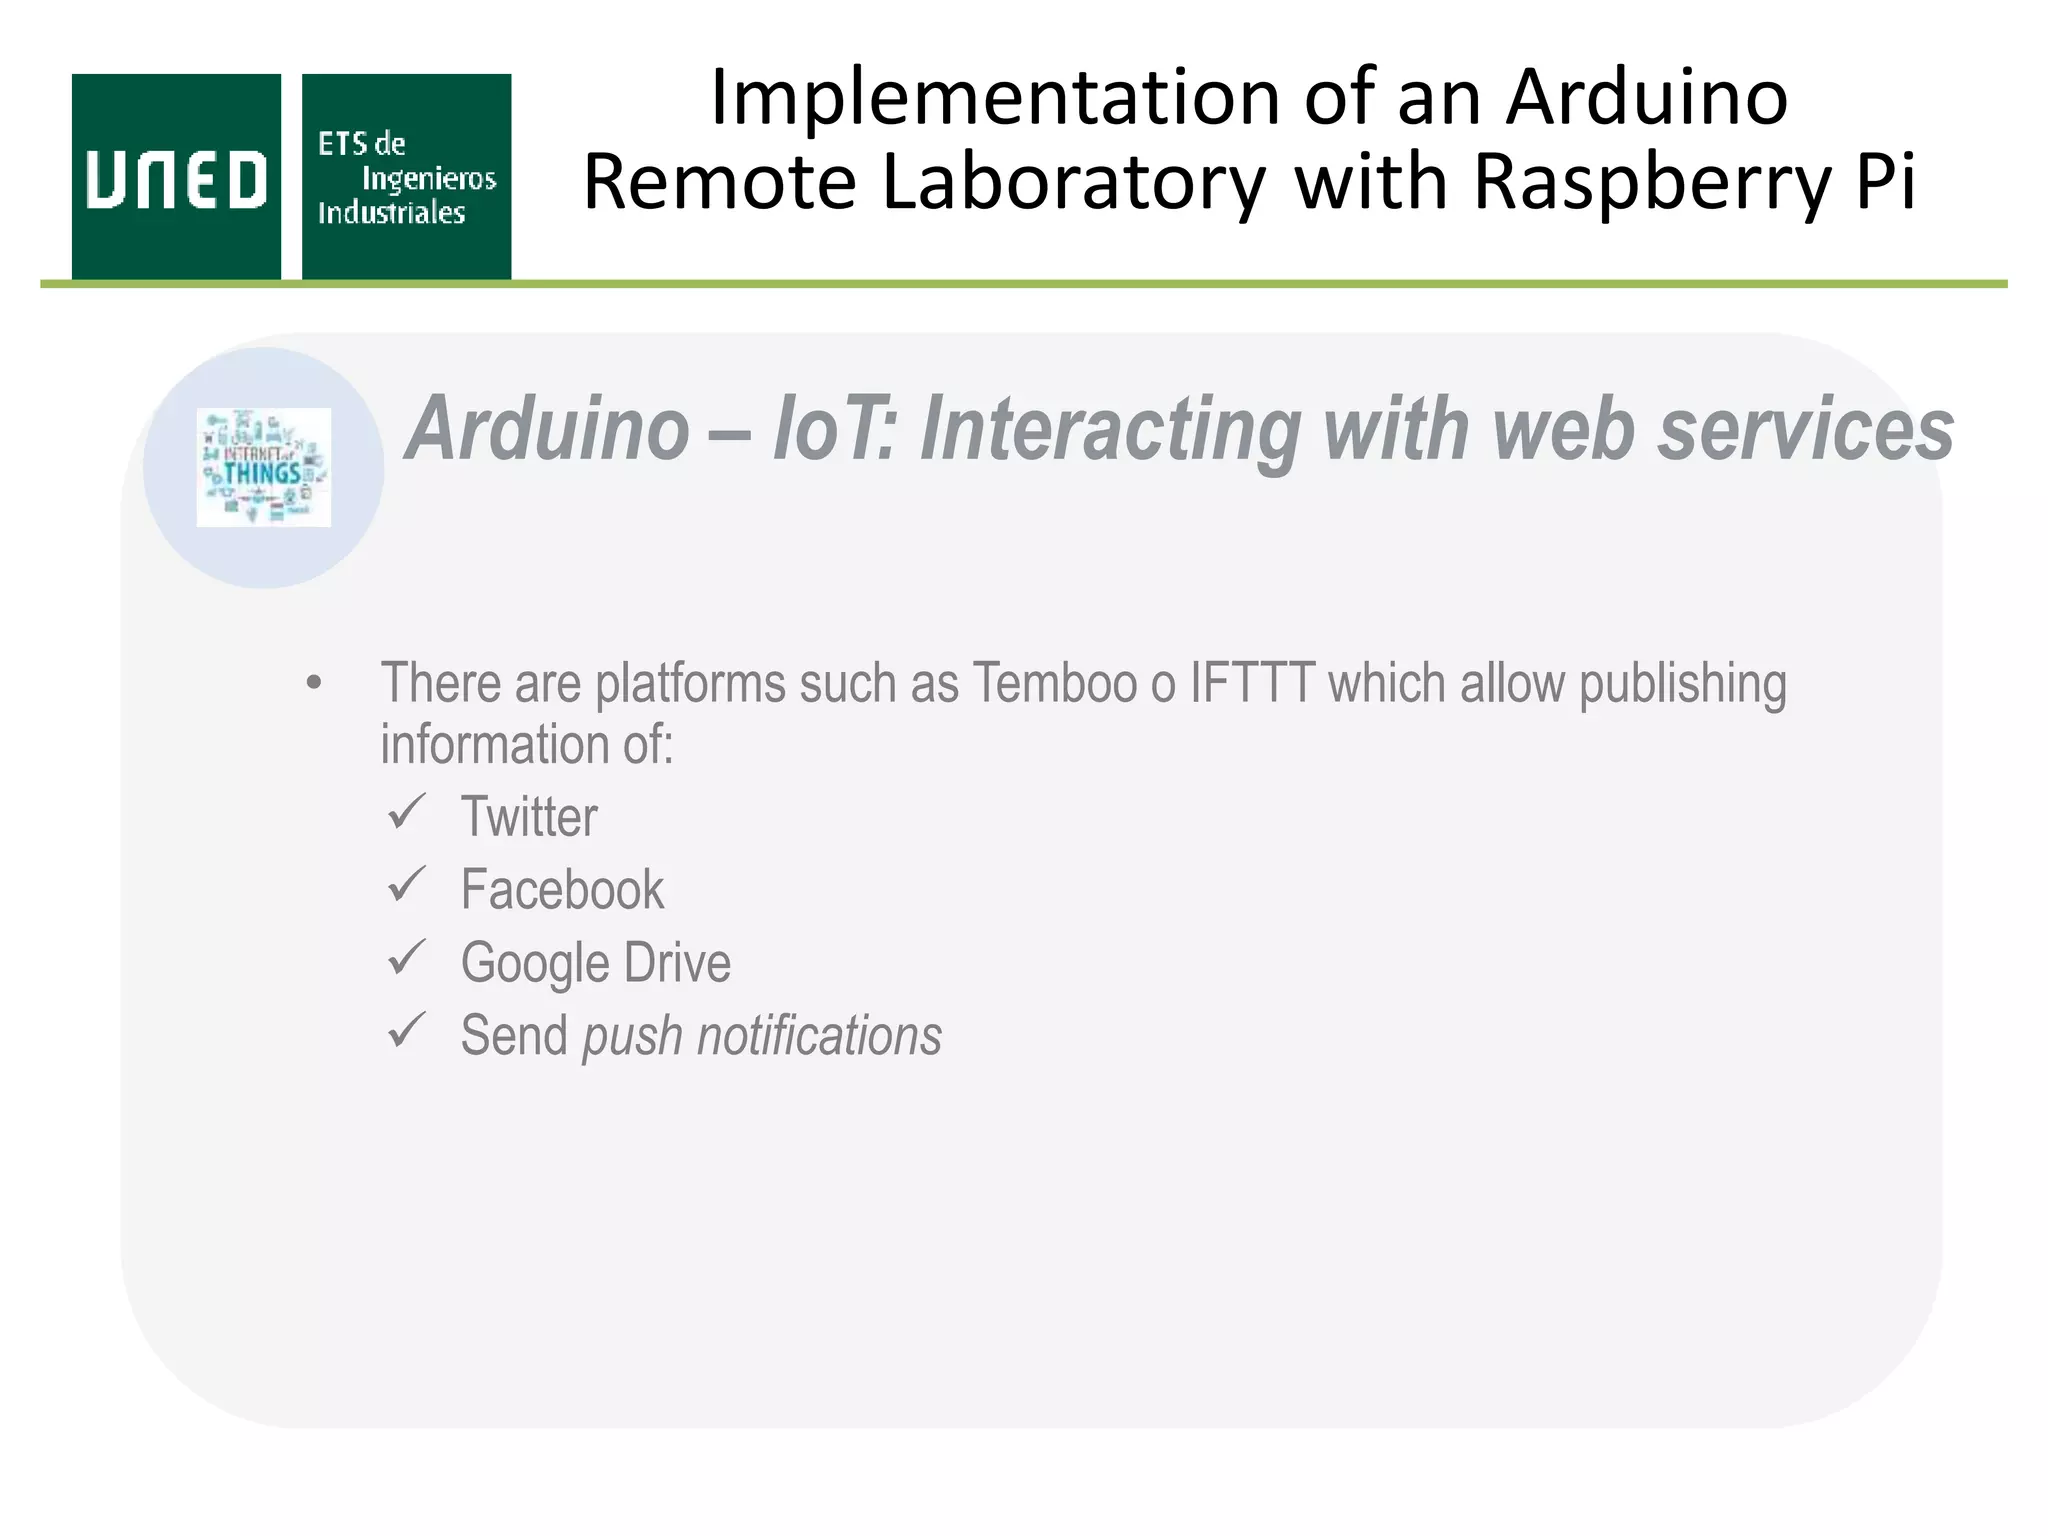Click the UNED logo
tap(176, 177)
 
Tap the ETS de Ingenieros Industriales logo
tap(406, 177)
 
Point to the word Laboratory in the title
tap(1073, 183)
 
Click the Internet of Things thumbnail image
tap(264, 467)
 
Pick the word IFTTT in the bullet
tap(1251, 684)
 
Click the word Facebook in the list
tap(561, 890)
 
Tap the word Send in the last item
tap(514, 1036)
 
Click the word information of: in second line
tap(527, 745)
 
